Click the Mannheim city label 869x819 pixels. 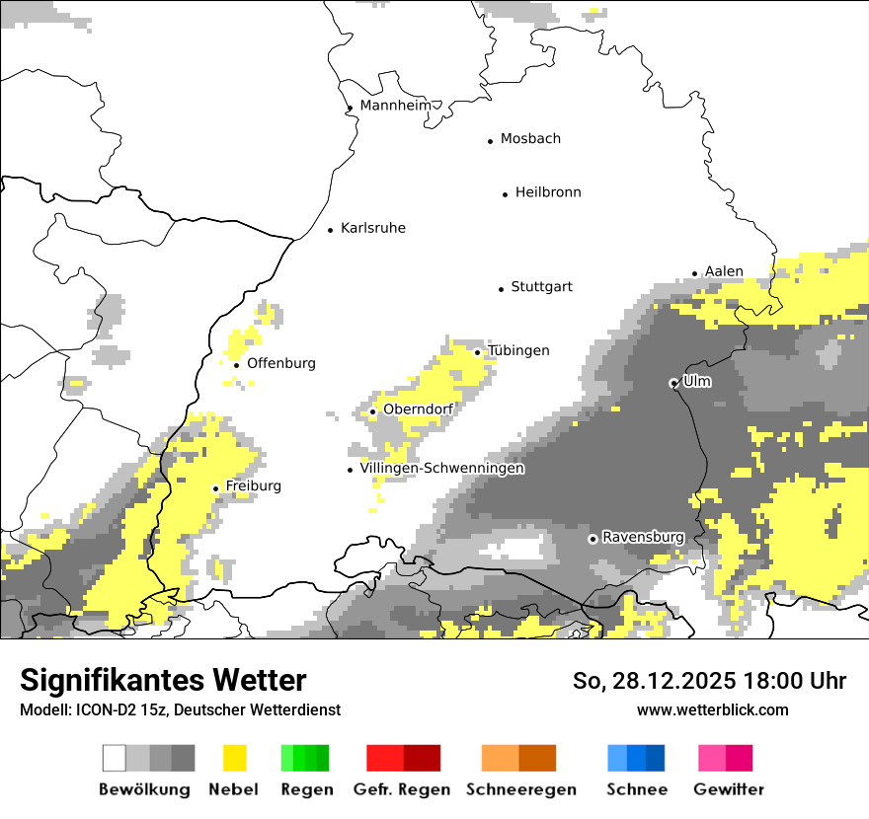[x=396, y=106]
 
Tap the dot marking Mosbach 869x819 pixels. [x=490, y=141]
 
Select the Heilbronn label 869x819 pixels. [x=548, y=192]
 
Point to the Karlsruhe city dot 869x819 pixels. [x=331, y=230]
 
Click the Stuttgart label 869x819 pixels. [x=541, y=287]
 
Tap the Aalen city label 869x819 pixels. [x=724, y=271]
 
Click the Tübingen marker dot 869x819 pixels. [x=478, y=352]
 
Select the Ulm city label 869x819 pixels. [x=697, y=381]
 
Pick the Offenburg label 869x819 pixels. [x=281, y=363]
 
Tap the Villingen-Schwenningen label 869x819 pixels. [x=441, y=469]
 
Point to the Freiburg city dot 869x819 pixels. [x=216, y=488]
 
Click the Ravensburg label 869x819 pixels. [x=643, y=537]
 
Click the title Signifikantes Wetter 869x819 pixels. [x=163, y=680]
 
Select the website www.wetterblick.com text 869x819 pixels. [x=712, y=709]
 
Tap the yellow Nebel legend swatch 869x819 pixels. [x=234, y=758]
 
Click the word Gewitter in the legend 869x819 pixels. [x=729, y=789]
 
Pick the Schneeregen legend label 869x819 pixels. [x=521, y=789]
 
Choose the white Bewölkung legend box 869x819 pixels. [x=115, y=758]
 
